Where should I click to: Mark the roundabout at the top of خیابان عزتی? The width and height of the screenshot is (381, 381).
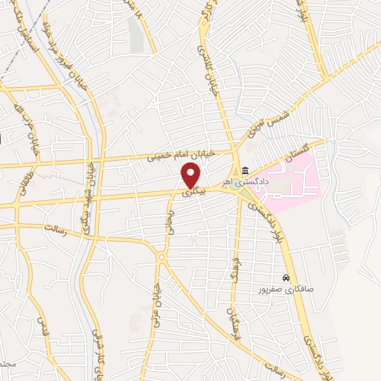[x=161, y=257]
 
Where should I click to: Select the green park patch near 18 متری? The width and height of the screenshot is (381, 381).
[x=134, y=33]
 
